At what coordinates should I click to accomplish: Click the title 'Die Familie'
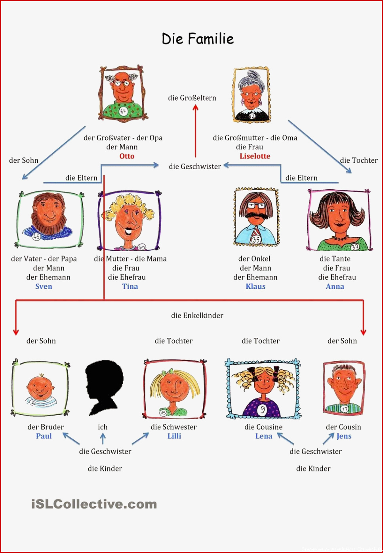click(x=198, y=39)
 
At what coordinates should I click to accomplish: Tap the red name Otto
click(x=127, y=156)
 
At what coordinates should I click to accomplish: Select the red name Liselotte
click(x=255, y=156)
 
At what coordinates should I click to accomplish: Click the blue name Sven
click(x=44, y=286)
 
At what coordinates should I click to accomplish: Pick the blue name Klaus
click(x=255, y=286)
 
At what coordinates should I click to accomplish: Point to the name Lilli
click(x=174, y=436)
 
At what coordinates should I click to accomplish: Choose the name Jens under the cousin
click(x=344, y=436)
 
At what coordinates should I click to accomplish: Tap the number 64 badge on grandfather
click(x=123, y=111)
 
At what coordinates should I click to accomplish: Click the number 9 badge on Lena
click(x=262, y=410)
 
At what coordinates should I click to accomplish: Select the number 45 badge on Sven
click(x=36, y=237)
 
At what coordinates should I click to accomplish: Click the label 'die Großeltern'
click(x=192, y=98)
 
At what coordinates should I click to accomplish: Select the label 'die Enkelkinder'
click(x=197, y=315)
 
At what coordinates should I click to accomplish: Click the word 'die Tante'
click(x=335, y=259)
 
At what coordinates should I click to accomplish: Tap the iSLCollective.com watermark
click(x=94, y=504)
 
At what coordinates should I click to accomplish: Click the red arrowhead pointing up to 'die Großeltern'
click(x=195, y=107)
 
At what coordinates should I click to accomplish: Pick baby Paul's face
click(x=40, y=388)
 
